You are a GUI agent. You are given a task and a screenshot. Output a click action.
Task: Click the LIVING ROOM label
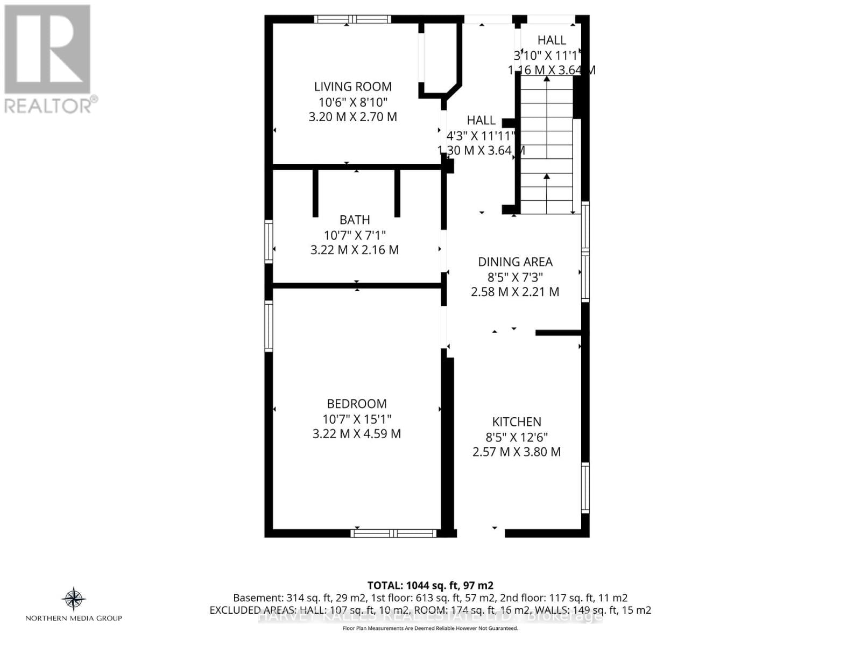pos(352,87)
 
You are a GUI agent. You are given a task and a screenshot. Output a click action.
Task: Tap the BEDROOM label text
pos(357,404)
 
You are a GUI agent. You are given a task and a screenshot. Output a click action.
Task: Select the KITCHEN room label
pos(517,422)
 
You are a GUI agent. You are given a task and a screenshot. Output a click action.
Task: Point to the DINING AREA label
pos(515,262)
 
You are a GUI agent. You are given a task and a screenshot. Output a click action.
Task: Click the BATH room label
pos(355,220)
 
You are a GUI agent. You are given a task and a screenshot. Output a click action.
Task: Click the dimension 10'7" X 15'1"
pos(357,419)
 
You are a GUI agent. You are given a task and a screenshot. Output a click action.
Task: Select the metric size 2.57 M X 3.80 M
pos(517,452)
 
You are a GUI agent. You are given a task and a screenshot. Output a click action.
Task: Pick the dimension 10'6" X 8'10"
pos(352,102)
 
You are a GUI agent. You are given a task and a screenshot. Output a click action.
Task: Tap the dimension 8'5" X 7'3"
pos(515,277)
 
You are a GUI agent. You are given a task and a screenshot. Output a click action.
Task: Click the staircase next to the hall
pos(547,145)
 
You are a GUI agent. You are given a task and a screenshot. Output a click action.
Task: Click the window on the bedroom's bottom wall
pos(393,533)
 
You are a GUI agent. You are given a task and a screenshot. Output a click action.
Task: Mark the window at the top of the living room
pos(353,19)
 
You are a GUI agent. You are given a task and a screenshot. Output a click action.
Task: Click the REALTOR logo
pos(49,59)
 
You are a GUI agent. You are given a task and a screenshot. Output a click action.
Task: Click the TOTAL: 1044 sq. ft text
pos(430,585)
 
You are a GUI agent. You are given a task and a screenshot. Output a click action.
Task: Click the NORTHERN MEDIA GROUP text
pos(74,619)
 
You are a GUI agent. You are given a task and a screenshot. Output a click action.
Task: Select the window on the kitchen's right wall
pos(585,487)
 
